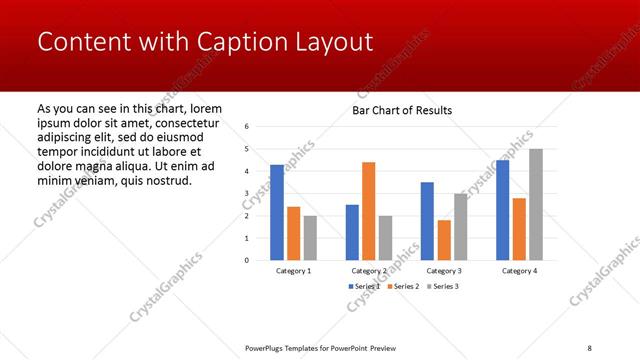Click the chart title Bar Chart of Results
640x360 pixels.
402,110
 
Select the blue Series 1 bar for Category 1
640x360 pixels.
277,212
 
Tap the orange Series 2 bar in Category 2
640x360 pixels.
368,210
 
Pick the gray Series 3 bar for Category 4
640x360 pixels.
536,204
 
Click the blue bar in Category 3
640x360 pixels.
427,221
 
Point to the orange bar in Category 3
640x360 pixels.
444,240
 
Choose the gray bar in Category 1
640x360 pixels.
310,238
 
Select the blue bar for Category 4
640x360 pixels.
502,210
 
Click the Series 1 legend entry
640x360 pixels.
364,287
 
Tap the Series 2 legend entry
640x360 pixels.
405,287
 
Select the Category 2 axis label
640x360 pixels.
368,271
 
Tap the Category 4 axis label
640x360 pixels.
519,271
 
